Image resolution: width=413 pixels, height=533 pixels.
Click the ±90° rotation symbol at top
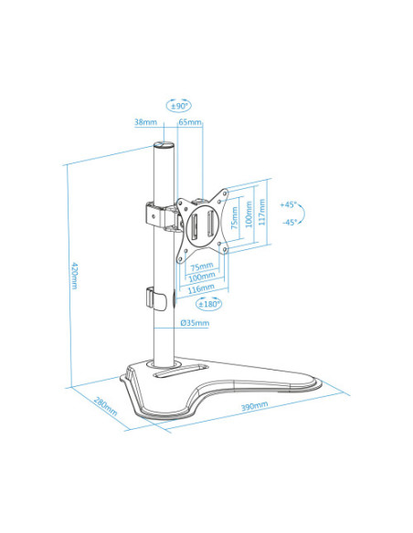[x=177, y=106]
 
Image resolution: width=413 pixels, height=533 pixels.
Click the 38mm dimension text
[x=144, y=121]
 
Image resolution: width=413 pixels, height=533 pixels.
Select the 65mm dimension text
[x=190, y=121]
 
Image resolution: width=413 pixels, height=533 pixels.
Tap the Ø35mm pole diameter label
[x=194, y=323]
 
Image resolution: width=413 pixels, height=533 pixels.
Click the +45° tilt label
[x=290, y=205]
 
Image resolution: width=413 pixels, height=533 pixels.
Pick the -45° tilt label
[x=290, y=222]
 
